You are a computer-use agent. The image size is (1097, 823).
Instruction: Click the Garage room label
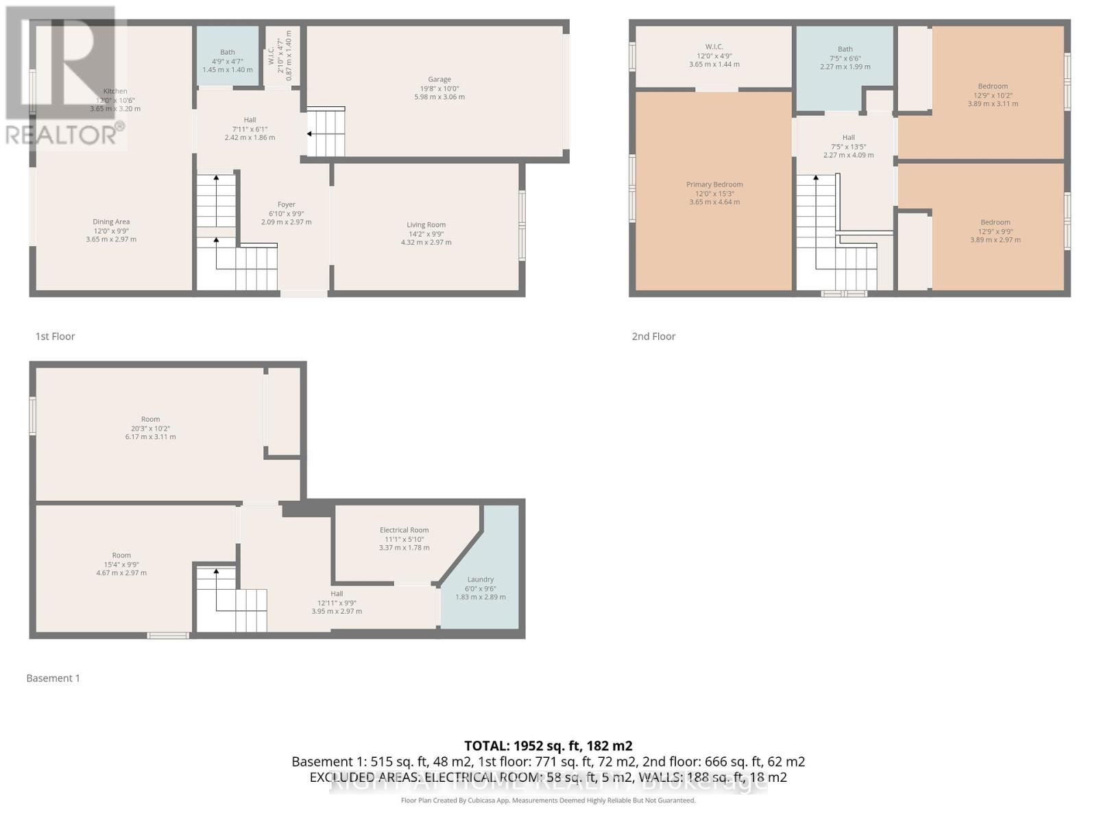tap(439, 80)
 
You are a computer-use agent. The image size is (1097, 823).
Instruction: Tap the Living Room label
tap(426, 225)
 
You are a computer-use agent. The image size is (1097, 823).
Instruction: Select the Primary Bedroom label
tap(714, 184)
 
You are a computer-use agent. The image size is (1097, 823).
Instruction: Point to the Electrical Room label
tap(404, 530)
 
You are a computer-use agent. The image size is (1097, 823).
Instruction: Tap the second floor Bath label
tap(845, 49)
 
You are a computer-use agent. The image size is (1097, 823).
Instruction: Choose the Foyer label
tap(286, 204)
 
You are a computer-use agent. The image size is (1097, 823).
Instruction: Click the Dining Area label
tap(111, 222)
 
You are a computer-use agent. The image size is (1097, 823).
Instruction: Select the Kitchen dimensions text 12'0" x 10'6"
tap(115, 100)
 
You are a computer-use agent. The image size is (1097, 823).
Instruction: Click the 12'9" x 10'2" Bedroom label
tap(993, 86)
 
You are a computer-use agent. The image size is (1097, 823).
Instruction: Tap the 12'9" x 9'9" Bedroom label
tap(995, 222)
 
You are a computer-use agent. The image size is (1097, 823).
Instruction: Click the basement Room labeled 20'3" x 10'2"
tap(150, 419)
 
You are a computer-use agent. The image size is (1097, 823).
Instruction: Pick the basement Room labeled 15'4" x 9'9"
tap(121, 556)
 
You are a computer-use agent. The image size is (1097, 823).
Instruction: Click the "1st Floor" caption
tap(55, 336)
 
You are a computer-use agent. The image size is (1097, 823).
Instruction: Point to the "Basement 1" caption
tap(53, 678)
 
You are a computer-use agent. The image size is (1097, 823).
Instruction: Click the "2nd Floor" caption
tap(653, 336)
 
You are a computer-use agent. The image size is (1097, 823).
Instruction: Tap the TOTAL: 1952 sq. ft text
tap(548, 746)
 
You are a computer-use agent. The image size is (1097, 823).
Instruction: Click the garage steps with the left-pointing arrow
tap(325, 132)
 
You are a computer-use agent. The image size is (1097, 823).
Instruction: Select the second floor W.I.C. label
tap(714, 47)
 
